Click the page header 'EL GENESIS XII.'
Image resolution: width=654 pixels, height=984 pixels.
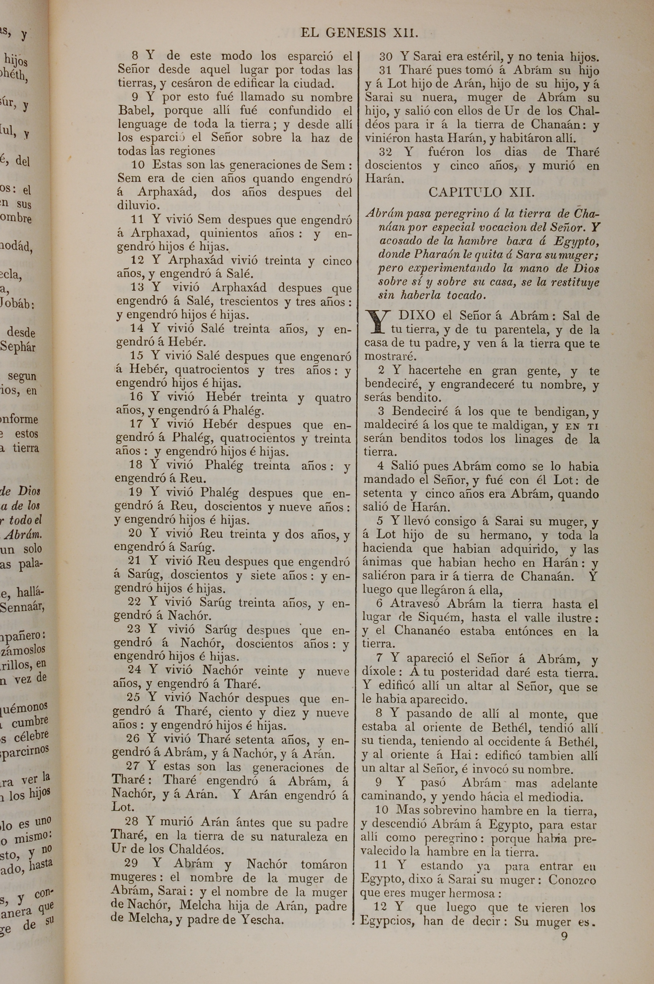click(x=359, y=33)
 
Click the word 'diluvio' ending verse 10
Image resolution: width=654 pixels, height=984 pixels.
click(x=138, y=206)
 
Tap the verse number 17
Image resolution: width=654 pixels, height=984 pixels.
click(x=136, y=424)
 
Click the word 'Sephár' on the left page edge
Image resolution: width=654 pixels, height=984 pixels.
click(x=18, y=347)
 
